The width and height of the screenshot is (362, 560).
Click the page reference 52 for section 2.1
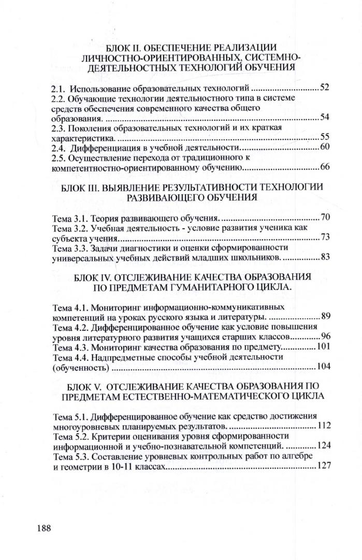[x=325, y=87]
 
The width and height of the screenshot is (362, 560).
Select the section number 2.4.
[x=60, y=148]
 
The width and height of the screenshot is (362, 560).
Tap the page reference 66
[x=325, y=167]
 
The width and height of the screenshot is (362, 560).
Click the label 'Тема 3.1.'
[x=70, y=217]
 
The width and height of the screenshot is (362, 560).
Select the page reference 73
[x=325, y=237]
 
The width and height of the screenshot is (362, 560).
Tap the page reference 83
[x=325, y=256]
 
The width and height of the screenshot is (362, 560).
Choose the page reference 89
[x=325, y=315]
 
